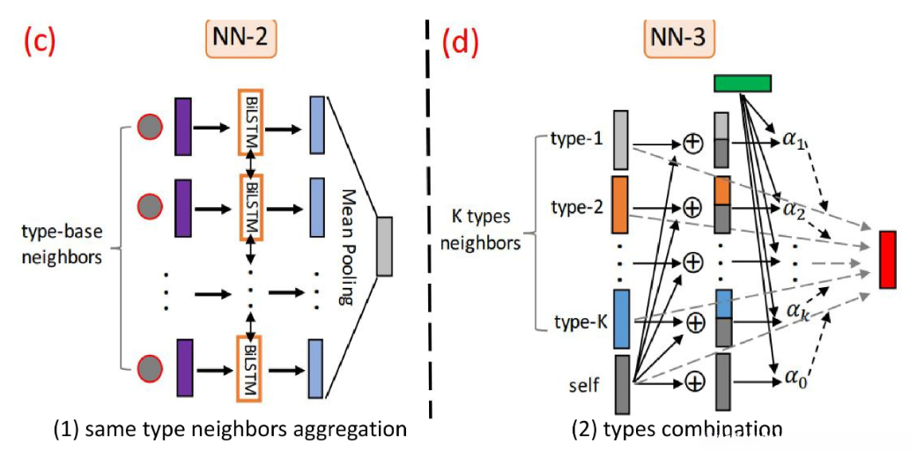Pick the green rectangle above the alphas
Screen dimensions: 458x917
(742, 83)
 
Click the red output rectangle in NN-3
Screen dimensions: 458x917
(887, 259)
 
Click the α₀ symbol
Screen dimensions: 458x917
(795, 380)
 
